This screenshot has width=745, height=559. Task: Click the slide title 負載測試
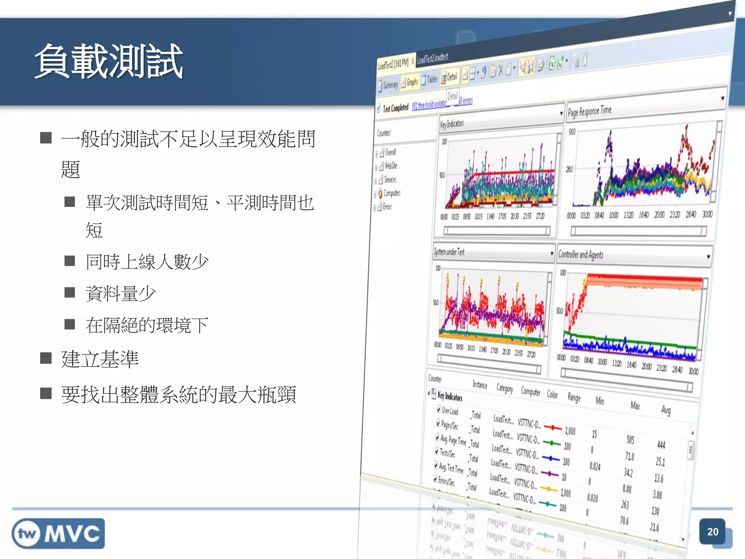(108, 61)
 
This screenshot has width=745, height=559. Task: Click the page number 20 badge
(712, 532)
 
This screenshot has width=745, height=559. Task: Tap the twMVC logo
(58, 534)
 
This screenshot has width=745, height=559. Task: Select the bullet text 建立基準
(100, 359)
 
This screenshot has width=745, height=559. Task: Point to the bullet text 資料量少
(120, 293)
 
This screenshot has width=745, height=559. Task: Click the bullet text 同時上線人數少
(147, 262)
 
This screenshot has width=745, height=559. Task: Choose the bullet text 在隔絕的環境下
(147, 325)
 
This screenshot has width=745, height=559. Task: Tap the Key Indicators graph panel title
(452, 124)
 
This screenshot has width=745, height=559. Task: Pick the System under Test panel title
(449, 251)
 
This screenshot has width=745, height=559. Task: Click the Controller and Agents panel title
(581, 254)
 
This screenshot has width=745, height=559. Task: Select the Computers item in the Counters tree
(392, 193)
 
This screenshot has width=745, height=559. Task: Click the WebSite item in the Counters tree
(391, 166)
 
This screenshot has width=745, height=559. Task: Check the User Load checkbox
(439, 409)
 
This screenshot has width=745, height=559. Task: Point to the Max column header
(635, 405)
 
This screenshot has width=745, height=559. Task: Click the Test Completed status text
(395, 108)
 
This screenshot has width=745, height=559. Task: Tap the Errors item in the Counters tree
(387, 207)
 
